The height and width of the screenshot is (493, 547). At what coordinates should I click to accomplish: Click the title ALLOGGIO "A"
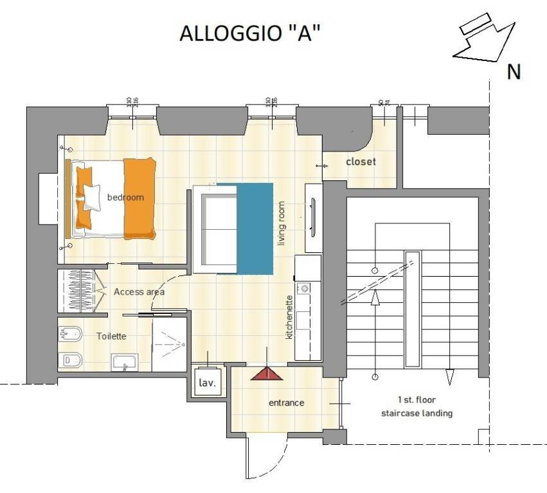click(250, 33)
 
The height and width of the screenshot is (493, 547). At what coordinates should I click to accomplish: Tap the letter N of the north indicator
click(514, 72)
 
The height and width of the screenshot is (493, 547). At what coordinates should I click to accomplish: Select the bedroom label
click(125, 197)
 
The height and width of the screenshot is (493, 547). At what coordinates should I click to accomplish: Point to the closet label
click(361, 162)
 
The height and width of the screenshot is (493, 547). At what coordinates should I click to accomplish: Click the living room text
click(281, 224)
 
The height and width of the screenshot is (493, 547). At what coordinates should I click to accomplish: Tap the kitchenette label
click(289, 317)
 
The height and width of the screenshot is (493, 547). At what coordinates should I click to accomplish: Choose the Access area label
click(139, 292)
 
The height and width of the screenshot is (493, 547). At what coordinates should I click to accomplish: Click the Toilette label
click(111, 336)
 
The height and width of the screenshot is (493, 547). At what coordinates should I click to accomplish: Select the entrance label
click(286, 403)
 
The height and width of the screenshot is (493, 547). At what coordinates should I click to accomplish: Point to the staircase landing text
click(416, 413)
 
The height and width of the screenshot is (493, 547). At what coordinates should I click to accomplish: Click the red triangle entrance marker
click(267, 374)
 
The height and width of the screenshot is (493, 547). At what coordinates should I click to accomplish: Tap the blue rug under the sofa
click(255, 228)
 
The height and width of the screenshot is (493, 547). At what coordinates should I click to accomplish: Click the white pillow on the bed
click(91, 197)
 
